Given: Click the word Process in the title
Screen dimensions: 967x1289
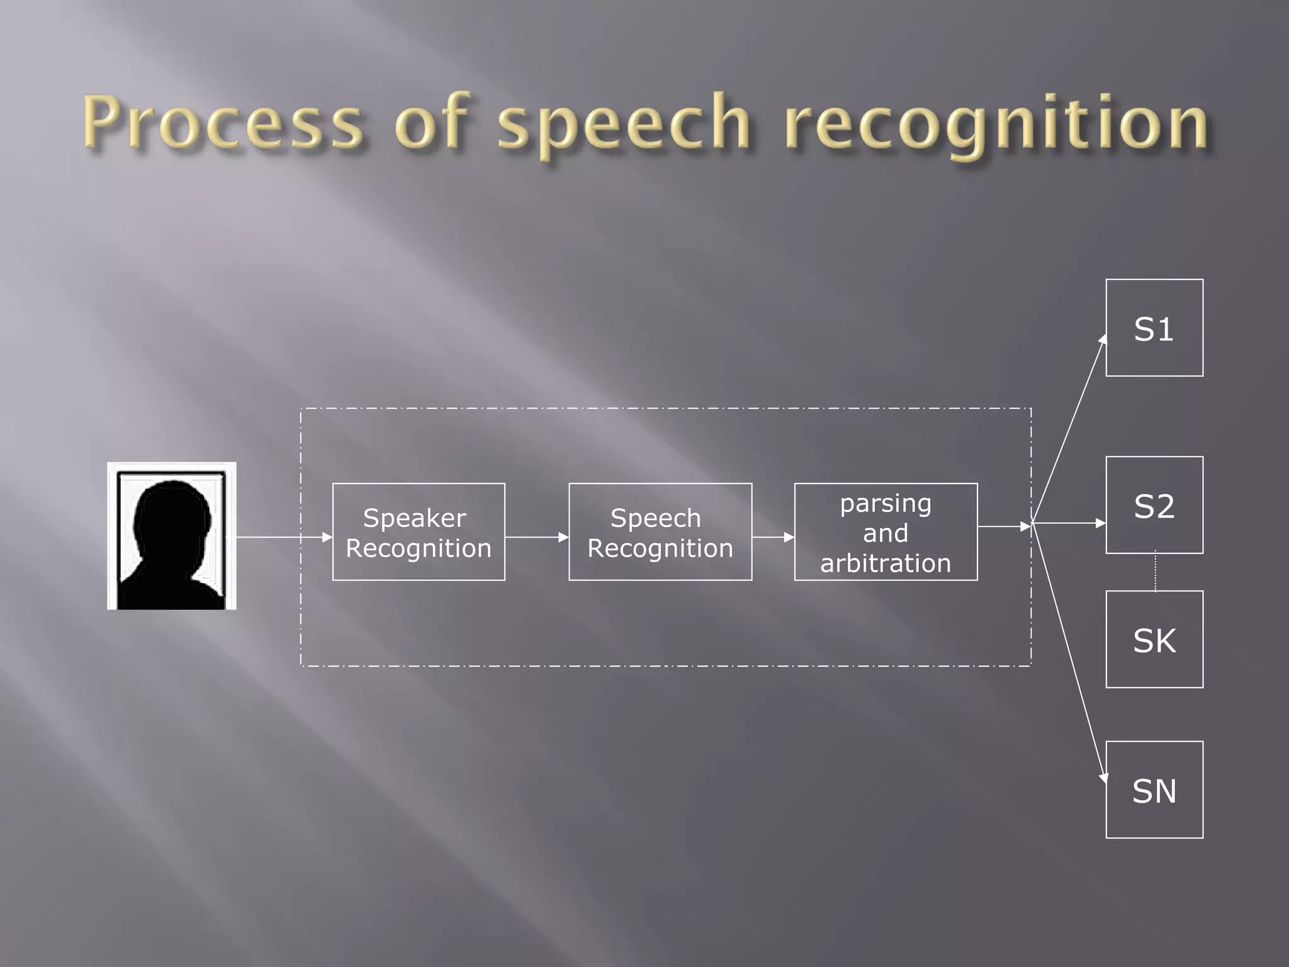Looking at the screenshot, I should tap(223, 122).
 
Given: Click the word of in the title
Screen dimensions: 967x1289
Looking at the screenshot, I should tap(432, 122).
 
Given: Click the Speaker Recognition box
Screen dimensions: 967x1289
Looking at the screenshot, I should tap(419, 532).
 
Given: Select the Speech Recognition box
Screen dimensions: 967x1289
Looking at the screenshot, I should tap(660, 532).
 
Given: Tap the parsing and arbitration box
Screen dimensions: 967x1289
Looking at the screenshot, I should tap(886, 532).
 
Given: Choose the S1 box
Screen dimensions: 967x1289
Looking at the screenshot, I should tap(1154, 328).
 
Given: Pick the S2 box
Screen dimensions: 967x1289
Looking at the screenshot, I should tap(1154, 505).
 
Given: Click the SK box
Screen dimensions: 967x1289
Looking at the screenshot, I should tap(1154, 639).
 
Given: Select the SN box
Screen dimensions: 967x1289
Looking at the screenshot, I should tap(1154, 789).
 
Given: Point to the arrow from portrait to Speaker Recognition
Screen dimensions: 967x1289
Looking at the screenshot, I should tap(283, 537).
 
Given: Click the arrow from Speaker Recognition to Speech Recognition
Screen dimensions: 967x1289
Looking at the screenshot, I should tap(536, 537).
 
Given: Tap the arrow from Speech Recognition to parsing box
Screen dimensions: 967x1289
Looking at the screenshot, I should tap(773, 537).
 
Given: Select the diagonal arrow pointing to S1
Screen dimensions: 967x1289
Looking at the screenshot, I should tap(1069, 428).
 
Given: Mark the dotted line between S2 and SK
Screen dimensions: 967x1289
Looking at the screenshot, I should tap(1155, 572).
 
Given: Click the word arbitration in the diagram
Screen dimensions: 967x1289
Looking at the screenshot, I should tap(886, 563).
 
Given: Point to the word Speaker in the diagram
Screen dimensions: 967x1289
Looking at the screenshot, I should tap(415, 518).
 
